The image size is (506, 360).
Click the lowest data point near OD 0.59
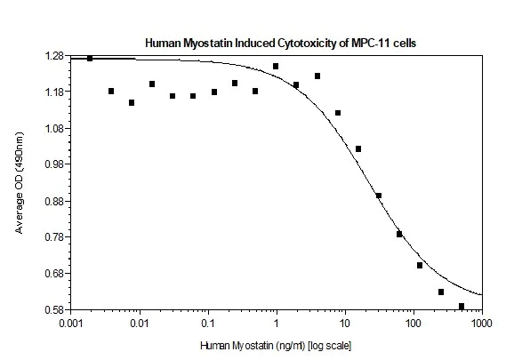462,306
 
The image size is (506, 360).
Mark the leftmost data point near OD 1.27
90,59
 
